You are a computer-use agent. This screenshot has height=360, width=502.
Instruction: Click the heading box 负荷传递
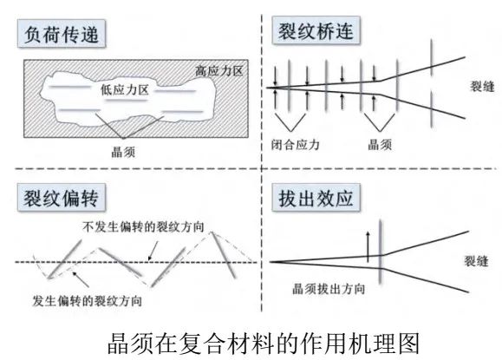tap(62, 34)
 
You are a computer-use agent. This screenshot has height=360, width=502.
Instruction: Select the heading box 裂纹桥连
tap(316, 30)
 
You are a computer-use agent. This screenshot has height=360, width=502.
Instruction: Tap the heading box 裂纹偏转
tap(62, 198)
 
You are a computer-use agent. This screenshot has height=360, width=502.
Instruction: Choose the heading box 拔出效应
tap(316, 198)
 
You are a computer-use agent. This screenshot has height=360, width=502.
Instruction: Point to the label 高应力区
tap(219, 71)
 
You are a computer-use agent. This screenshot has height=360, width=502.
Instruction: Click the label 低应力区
tap(125, 89)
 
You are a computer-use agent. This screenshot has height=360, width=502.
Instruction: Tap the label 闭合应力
tap(295, 145)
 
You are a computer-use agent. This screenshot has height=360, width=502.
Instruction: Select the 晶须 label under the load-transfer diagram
tap(123, 152)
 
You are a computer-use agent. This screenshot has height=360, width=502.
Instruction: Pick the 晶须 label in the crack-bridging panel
tap(380, 145)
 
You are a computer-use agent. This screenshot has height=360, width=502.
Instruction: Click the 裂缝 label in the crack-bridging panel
tap(482, 86)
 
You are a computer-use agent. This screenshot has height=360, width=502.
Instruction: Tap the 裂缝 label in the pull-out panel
tap(476, 261)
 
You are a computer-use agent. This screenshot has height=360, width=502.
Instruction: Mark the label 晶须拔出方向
tap(329, 289)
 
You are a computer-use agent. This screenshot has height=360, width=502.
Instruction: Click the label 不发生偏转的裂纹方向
tap(143, 226)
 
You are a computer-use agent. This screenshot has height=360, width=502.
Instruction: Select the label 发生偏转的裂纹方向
tap(87, 301)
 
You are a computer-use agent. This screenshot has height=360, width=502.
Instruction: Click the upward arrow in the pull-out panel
tap(368, 246)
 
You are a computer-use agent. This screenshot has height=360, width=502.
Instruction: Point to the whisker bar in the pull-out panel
tap(381, 252)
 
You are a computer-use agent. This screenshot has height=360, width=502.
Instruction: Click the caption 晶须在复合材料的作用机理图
tap(264, 344)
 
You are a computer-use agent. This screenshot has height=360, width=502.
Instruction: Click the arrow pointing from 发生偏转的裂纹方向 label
tap(81, 279)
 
